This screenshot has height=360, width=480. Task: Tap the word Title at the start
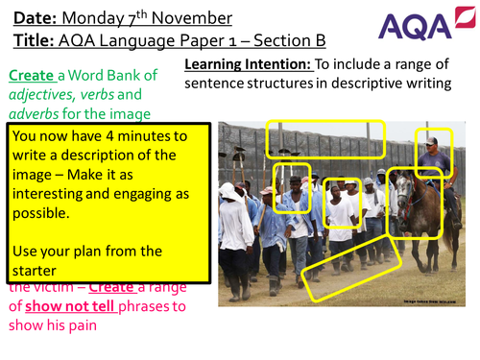tap(35, 39)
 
